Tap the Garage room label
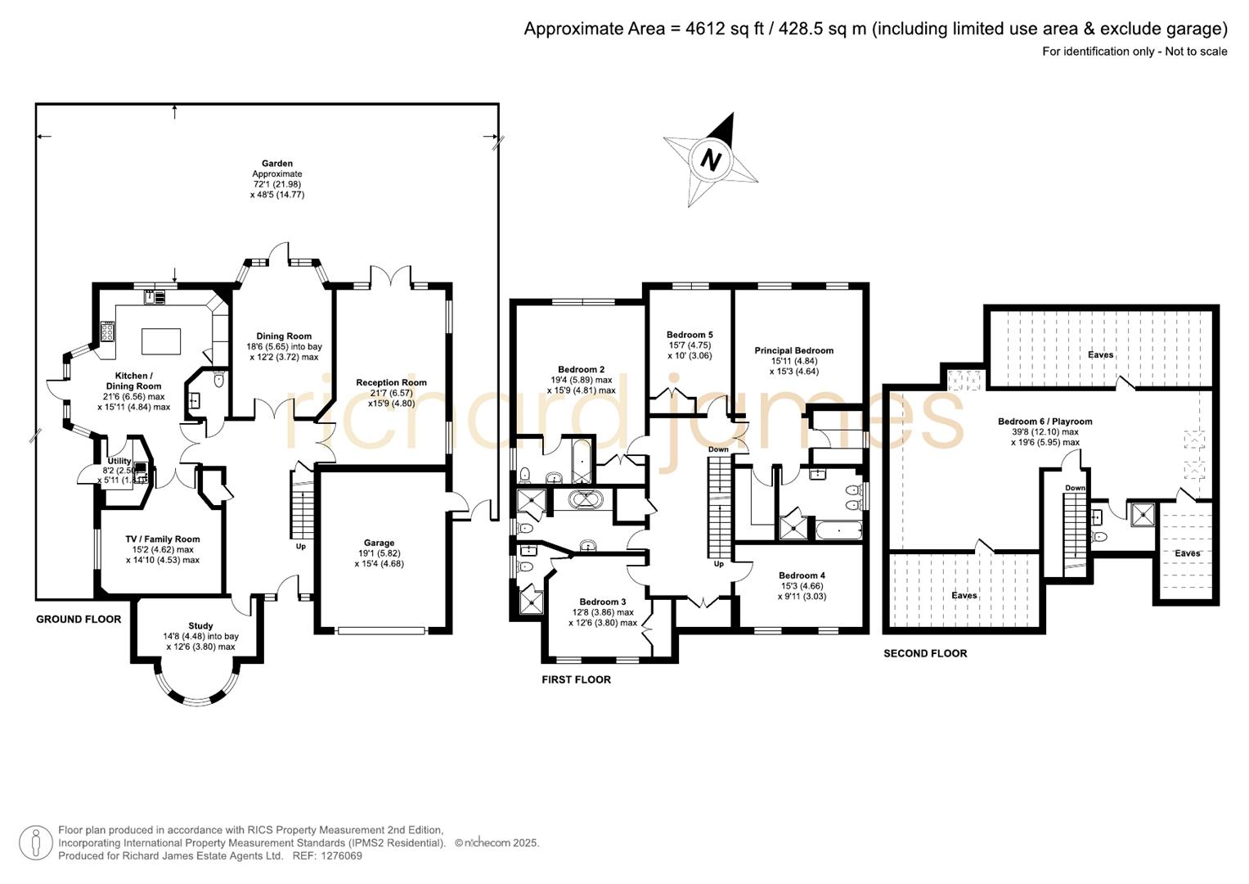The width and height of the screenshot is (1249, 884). (379, 543)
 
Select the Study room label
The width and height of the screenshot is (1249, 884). (200, 625)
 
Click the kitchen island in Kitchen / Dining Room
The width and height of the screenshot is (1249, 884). (161, 341)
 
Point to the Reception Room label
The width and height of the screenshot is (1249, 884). (391, 382)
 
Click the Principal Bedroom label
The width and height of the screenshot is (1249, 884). (793, 350)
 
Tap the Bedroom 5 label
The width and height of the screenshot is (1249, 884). (690, 335)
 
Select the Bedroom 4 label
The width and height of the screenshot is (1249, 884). (802, 575)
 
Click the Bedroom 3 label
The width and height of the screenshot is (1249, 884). (602, 602)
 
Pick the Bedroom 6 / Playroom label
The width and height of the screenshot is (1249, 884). (1045, 422)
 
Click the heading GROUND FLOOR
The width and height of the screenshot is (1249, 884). (79, 620)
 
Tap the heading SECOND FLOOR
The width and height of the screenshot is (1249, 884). (925, 653)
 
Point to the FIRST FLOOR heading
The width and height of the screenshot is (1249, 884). (576, 679)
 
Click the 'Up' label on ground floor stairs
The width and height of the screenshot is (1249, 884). (301, 546)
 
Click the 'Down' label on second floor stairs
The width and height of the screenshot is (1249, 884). (1075, 488)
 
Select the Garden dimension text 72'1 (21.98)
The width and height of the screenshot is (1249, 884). (277, 184)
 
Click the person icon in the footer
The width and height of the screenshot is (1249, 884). (36, 843)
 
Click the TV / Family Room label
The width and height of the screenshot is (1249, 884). (163, 539)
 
